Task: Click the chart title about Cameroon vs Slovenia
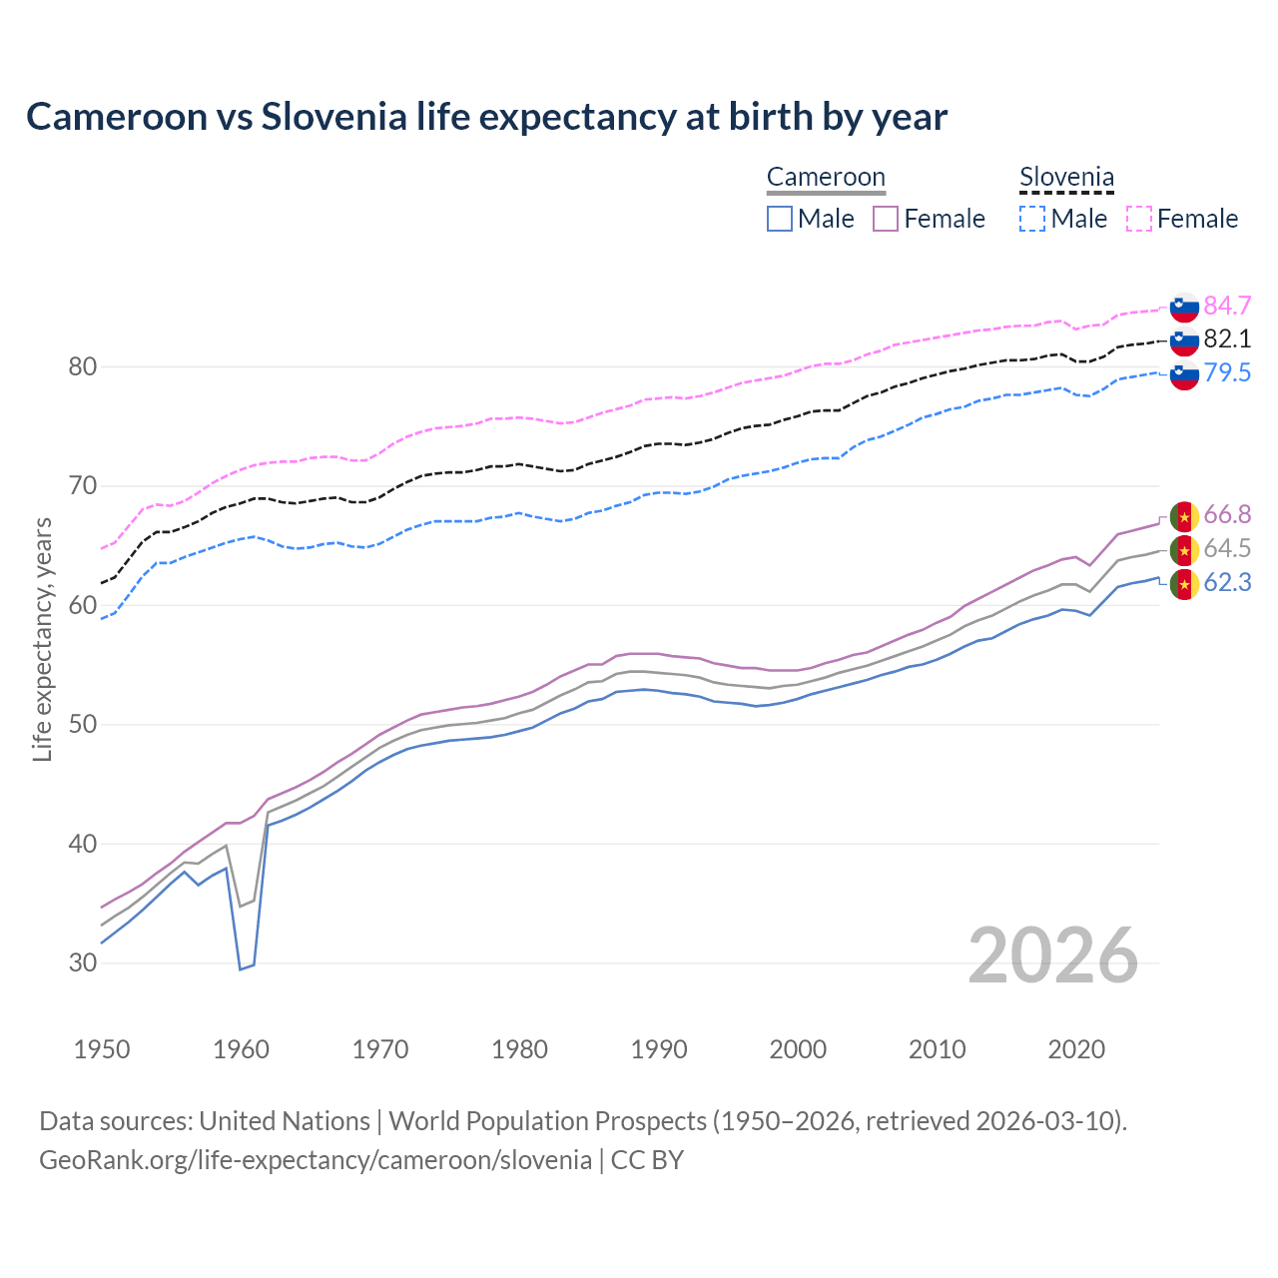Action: [486, 117]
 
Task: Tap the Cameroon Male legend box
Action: [780, 219]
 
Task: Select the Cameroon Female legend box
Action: [886, 219]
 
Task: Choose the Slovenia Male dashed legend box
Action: [1032, 219]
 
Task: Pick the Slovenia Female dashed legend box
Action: [1139, 219]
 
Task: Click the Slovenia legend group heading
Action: [1066, 178]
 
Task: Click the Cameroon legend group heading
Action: [826, 178]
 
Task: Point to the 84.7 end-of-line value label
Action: [1227, 306]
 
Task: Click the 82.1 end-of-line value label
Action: [1227, 339]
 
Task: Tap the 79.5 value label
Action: [1227, 373]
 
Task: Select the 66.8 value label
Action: [1227, 515]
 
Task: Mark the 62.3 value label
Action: [1227, 583]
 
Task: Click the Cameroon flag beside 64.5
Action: [1184, 549]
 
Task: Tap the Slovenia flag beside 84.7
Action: [1184, 307]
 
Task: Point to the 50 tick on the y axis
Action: [83, 725]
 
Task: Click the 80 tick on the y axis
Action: [83, 367]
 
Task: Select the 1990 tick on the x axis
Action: [659, 1049]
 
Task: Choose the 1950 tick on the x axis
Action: [102, 1049]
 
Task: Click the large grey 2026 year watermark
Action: [1053, 957]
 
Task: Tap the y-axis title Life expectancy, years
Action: [42, 639]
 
